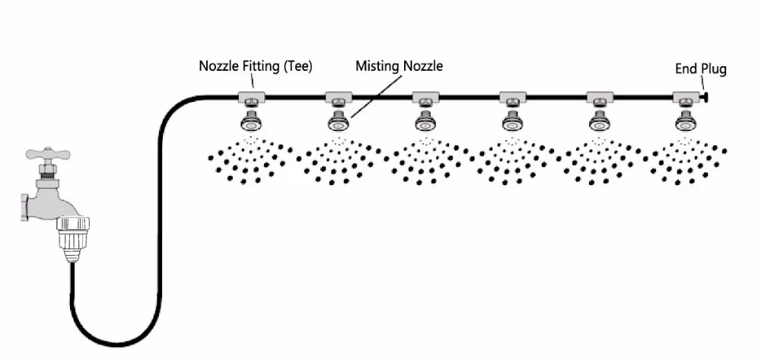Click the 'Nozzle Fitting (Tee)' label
[x=255, y=65]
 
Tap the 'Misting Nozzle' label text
[x=399, y=66]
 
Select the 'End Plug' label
[x=700, y=69]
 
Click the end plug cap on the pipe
[x=705, y=97]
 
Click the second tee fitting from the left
[x=337, y=97]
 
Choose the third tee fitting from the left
[x=424, y=97]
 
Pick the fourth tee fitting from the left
[x=511, y=97]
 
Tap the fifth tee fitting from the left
[x=597, y=97]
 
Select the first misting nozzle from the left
[x=250, y=122]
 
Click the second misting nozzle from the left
[x=337, y=122]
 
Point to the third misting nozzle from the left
[x=424, y=122]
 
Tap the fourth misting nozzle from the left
[x=511, y=122]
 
